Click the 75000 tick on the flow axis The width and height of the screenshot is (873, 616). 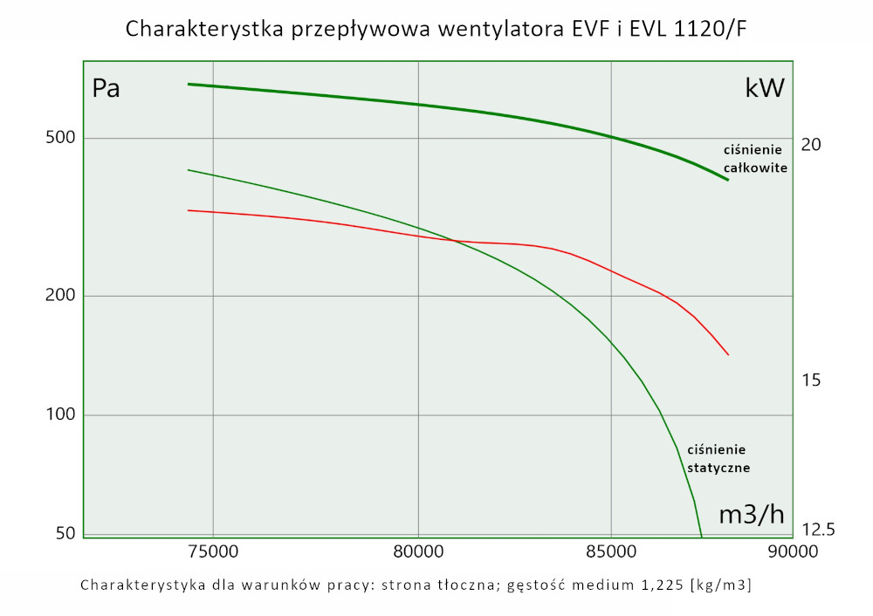coord(213,551)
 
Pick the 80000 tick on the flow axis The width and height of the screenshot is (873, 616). coord(418,551)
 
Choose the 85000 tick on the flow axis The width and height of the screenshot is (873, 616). coord(610,551)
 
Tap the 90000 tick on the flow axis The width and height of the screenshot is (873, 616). coord(793,551)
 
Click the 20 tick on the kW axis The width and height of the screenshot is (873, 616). coord(811,144)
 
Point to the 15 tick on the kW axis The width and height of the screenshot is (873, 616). coord(811,380)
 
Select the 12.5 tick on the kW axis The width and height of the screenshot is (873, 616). coord(818,530)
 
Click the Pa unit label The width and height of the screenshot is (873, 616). coord(106,89)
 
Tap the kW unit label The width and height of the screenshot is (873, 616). coord(765,88)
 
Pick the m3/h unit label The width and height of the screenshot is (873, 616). coord(752,515)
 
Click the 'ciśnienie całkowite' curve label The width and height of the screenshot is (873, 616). coord(755,159)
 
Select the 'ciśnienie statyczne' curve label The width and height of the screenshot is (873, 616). coord(718,458)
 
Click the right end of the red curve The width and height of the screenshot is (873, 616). coord(728,355)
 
